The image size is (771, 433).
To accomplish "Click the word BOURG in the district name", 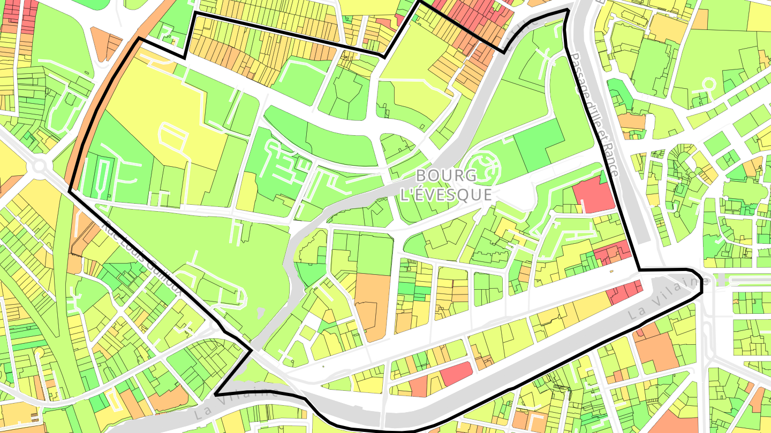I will [446, 176].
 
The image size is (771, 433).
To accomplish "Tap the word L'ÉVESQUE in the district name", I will [446, 195].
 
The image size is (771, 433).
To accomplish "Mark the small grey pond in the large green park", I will [260, 311].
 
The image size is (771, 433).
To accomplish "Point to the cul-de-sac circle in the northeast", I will [709, 84].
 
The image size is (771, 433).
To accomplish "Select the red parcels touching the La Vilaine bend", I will [625, 292].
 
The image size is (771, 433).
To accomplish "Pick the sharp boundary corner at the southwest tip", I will [215, 394].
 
